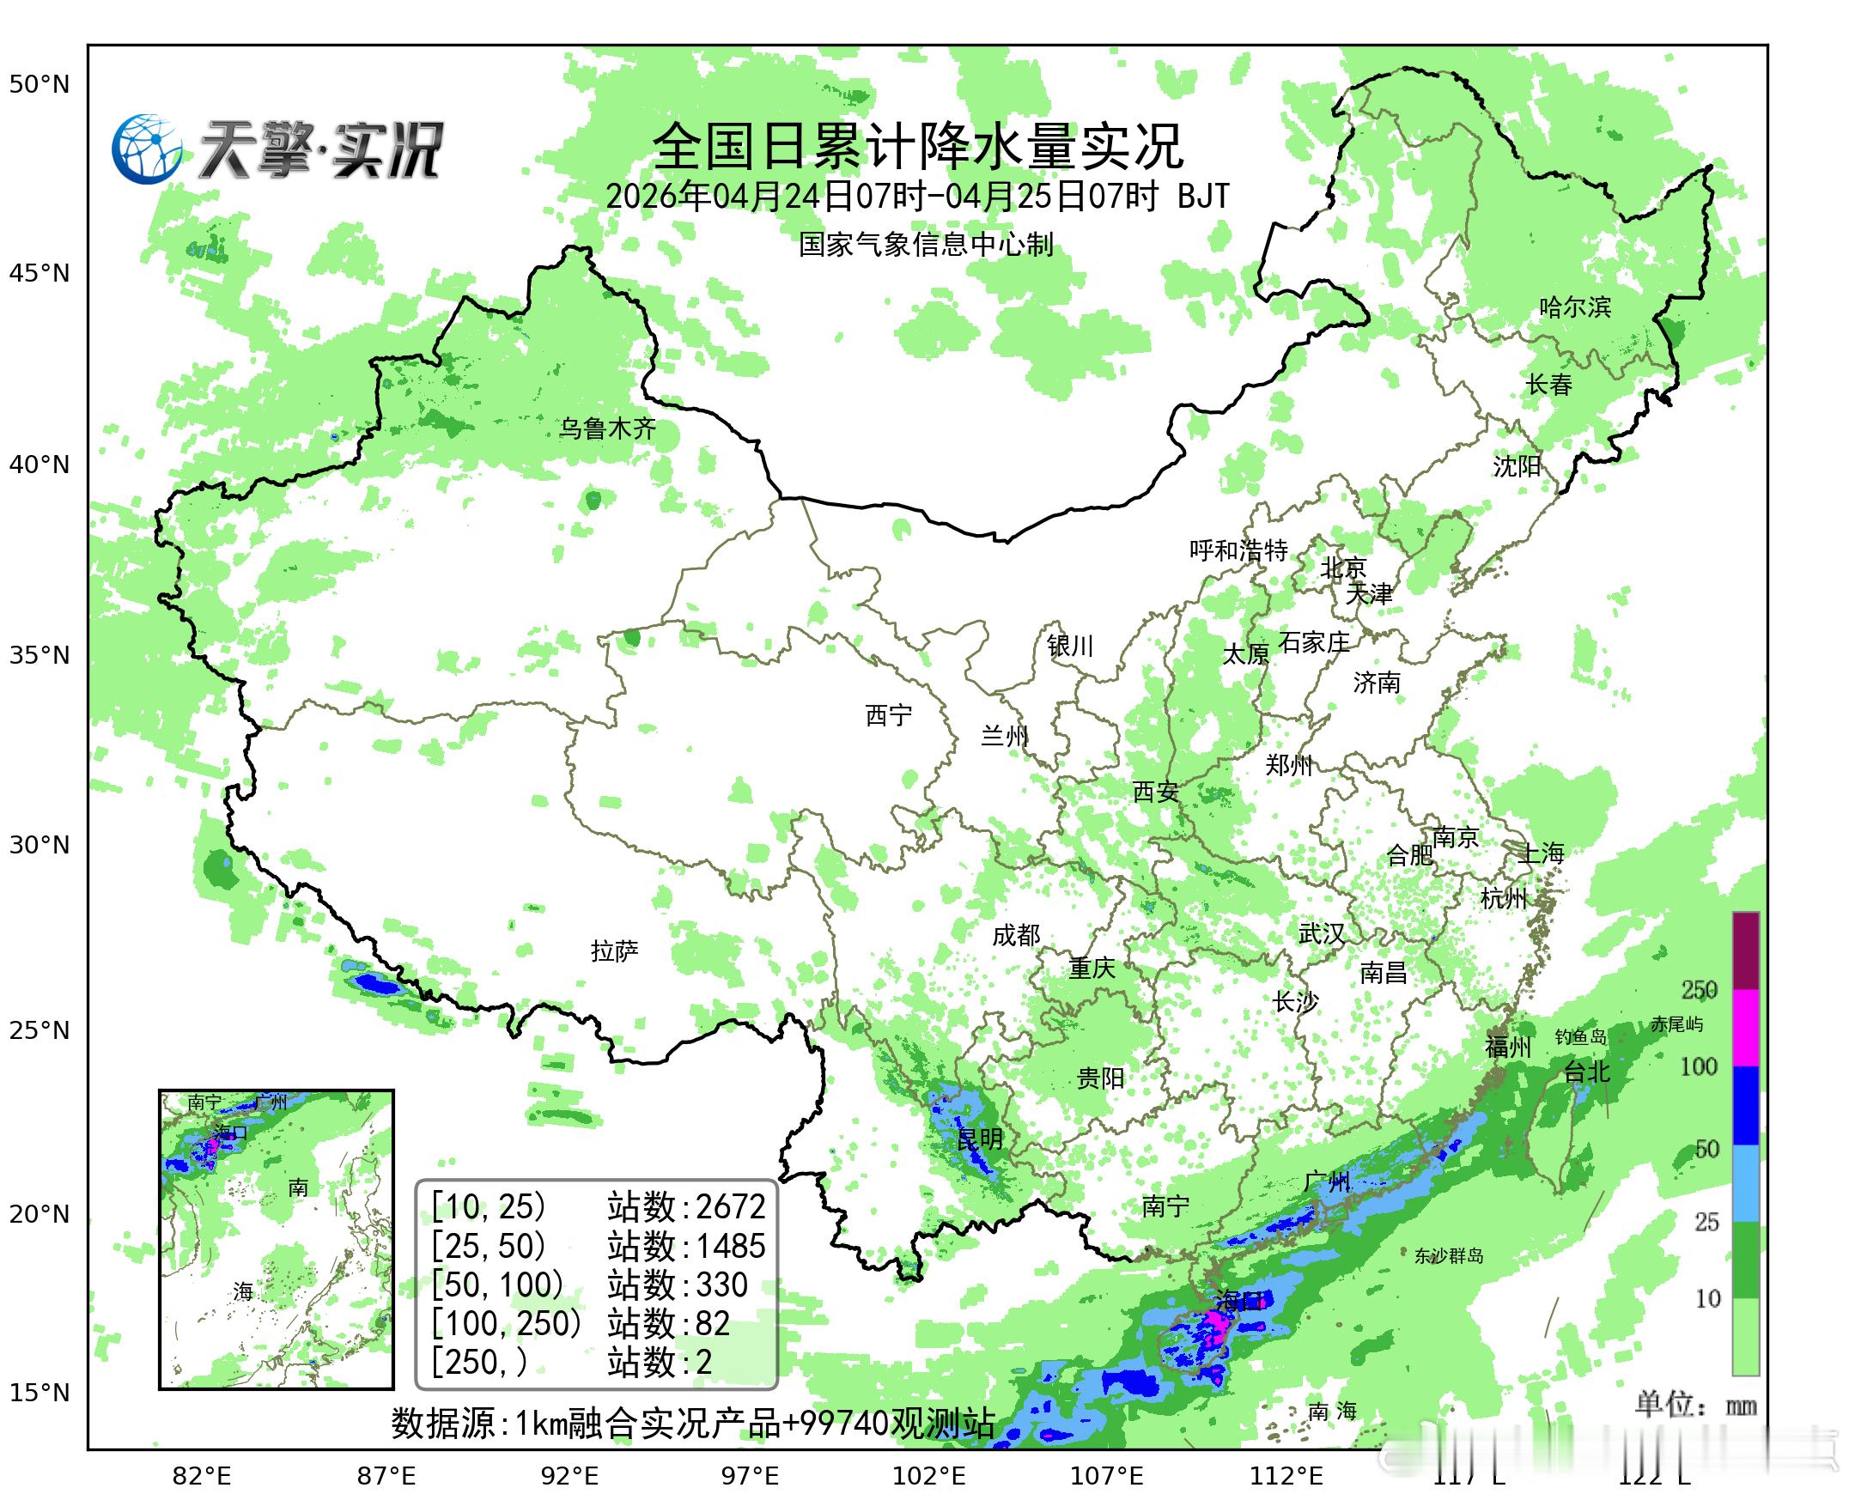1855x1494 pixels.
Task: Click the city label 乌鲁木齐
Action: click(608, 428)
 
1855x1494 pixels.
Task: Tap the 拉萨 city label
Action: click(615, 951)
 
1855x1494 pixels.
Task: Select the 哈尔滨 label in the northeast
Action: click(1574, 307)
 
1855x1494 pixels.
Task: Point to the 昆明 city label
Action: click(980, 1139)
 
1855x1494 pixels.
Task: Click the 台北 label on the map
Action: click(1585, 1072)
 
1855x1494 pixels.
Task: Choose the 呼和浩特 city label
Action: click(1238, 550)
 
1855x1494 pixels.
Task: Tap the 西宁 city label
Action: click(888, 714)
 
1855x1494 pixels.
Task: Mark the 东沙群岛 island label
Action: click(1449, 1255)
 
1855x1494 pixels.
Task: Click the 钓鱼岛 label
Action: click(1580, 1037)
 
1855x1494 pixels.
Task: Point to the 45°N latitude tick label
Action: click(39, 274)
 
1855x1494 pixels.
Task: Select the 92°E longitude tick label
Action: click(569, 1476)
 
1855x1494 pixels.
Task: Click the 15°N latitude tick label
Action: click(39, 1393)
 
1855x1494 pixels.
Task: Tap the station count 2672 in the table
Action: click(730, 1207)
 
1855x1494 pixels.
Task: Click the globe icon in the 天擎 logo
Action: click(147, 149)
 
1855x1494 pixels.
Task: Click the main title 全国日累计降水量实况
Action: click(917, 146)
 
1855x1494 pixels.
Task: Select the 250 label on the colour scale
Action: click(1700, 990)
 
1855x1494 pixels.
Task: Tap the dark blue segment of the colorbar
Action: click(1746, 1105)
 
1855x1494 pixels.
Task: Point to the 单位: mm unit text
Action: click(1695, 1406)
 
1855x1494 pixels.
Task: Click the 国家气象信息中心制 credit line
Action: click(925, 245)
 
